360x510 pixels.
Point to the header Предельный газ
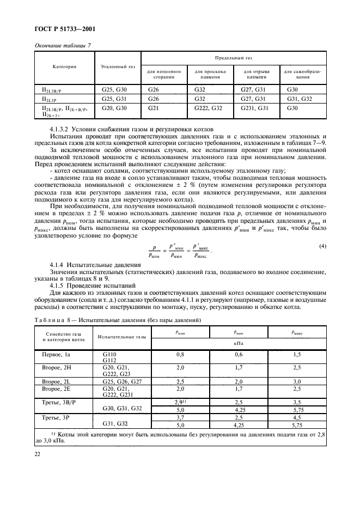pyautogui.click(x=233, y=56)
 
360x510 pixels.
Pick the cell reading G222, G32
pyautogui.click(x=208, y=108)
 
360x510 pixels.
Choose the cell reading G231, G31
pyautogui.click(x=255, y=108)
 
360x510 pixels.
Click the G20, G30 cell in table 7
pyautogui.click(x=114, y=108)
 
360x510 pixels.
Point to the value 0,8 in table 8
pyautogui.click(x=180, y=354)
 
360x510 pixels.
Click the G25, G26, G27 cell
pyautogui.click(x=121, y=382)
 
